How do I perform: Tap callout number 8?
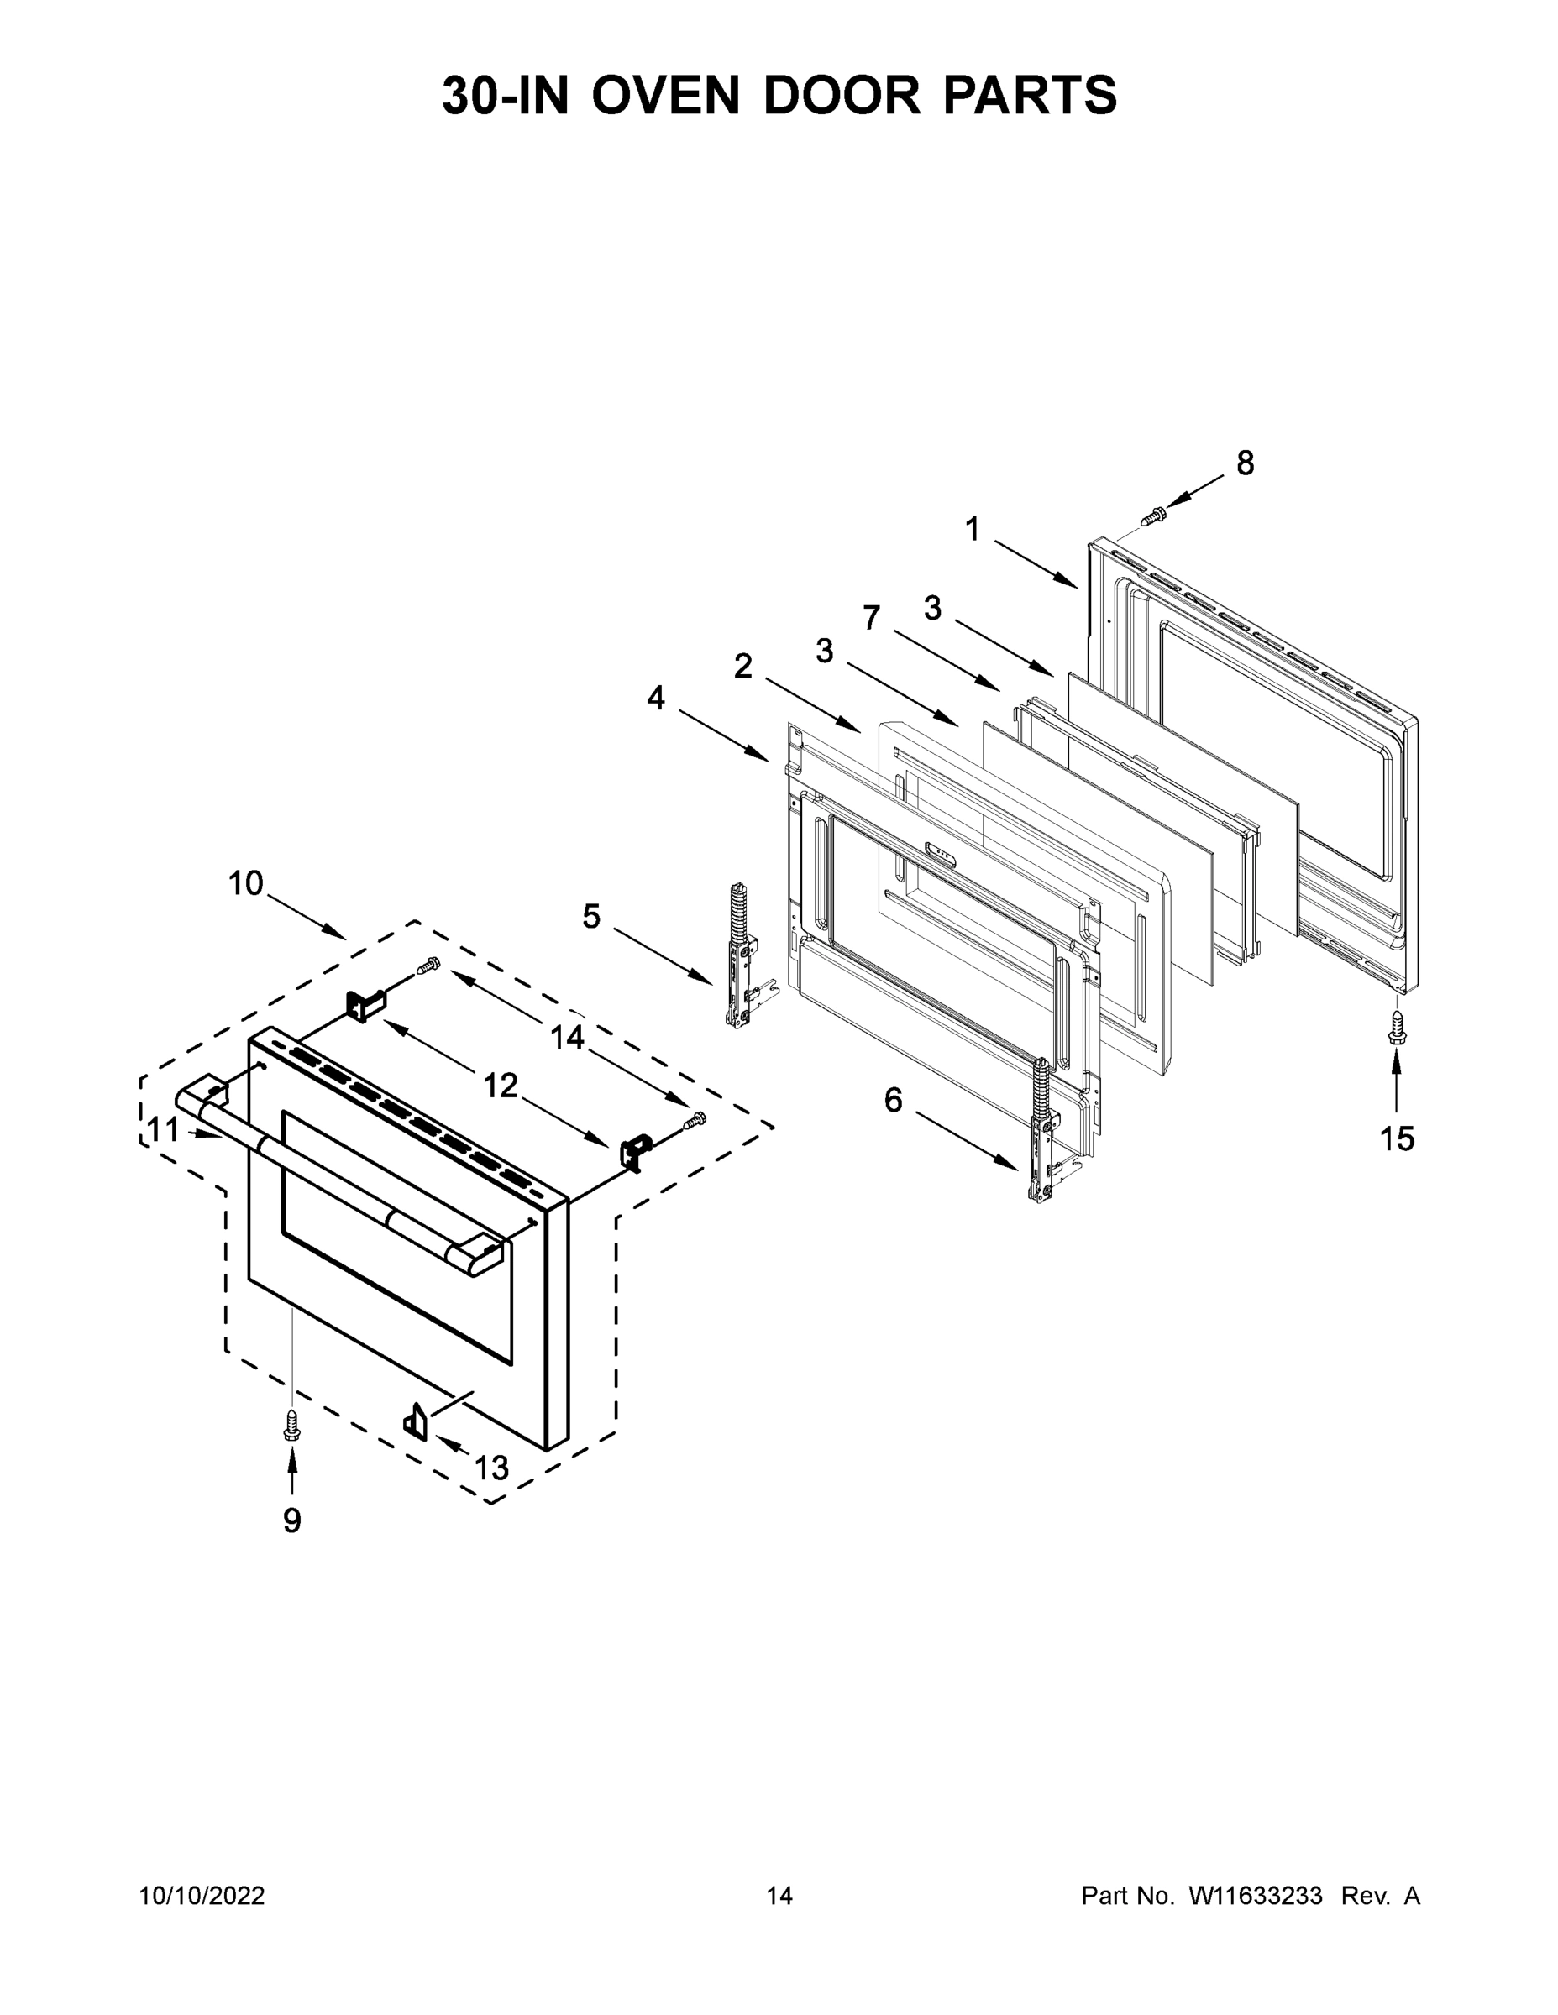[1245, 463]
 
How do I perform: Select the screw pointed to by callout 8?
[1153, 516]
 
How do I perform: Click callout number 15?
[1397, 1139]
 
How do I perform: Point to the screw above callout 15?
[1397, 1027]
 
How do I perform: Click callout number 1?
[972, 530]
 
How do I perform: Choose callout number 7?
[871, 617]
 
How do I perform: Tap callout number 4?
[655, 698]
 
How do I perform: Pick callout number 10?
[245, 884]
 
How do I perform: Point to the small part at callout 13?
[414, 1419]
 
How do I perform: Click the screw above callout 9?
[291, 1428]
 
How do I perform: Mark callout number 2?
[743, 666]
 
